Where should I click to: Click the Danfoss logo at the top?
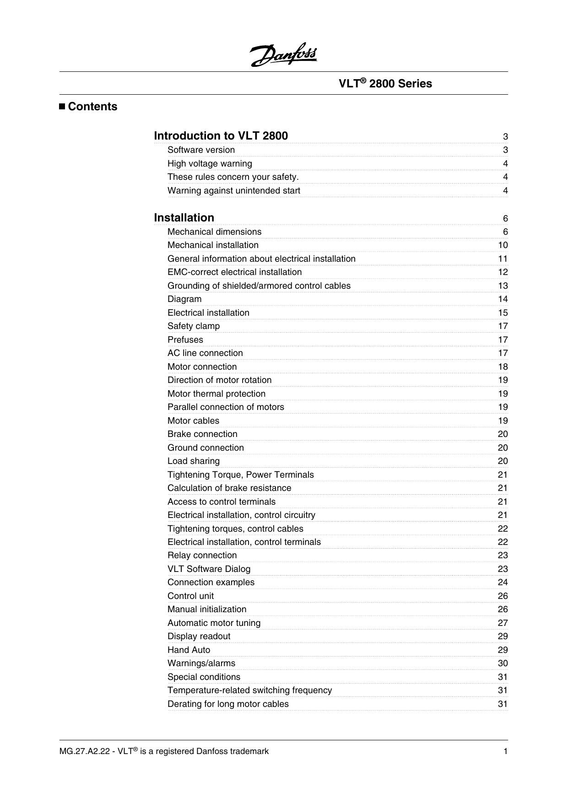pyautogui.click(x=283, y=55)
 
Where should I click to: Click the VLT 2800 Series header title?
pyautogui.click(x=385, y=84)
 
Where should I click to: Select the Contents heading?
pyautogui.click(x=92, y=107)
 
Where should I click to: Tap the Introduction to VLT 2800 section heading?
pyautogui.click(x=221, y=136)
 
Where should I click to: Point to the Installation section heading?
pyautogui.click(x=184, y=218)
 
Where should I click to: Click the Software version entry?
pyautogui.click(x=201, y=150)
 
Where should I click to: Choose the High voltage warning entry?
pyautogui.click(x=210, y=164)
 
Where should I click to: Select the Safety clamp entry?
pyautogui.click(x=194, y=326)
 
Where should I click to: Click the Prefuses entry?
pyautogui.click(x=185, y=340)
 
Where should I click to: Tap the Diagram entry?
pyautogui.click(x=184, y=299)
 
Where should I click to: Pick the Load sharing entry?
pyautogui.click(x=194, y=461)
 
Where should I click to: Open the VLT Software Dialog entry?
pyautogui.click(x=209, y=569)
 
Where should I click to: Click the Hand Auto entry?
pyautogui.click(x=189, y=650)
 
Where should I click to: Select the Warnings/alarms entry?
pyautogui.click(x=201, y=663)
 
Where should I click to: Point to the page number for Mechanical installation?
pyautogui.click(x=503, y=245)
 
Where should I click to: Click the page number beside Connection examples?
pyautogui.click(x=503, y=582)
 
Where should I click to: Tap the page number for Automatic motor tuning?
pyautogui.click(x=503, y=623)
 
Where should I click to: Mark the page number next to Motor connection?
pyautogui.click(x=503, y=367)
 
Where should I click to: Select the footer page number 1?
pyautogui.click(x=506, y=751)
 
